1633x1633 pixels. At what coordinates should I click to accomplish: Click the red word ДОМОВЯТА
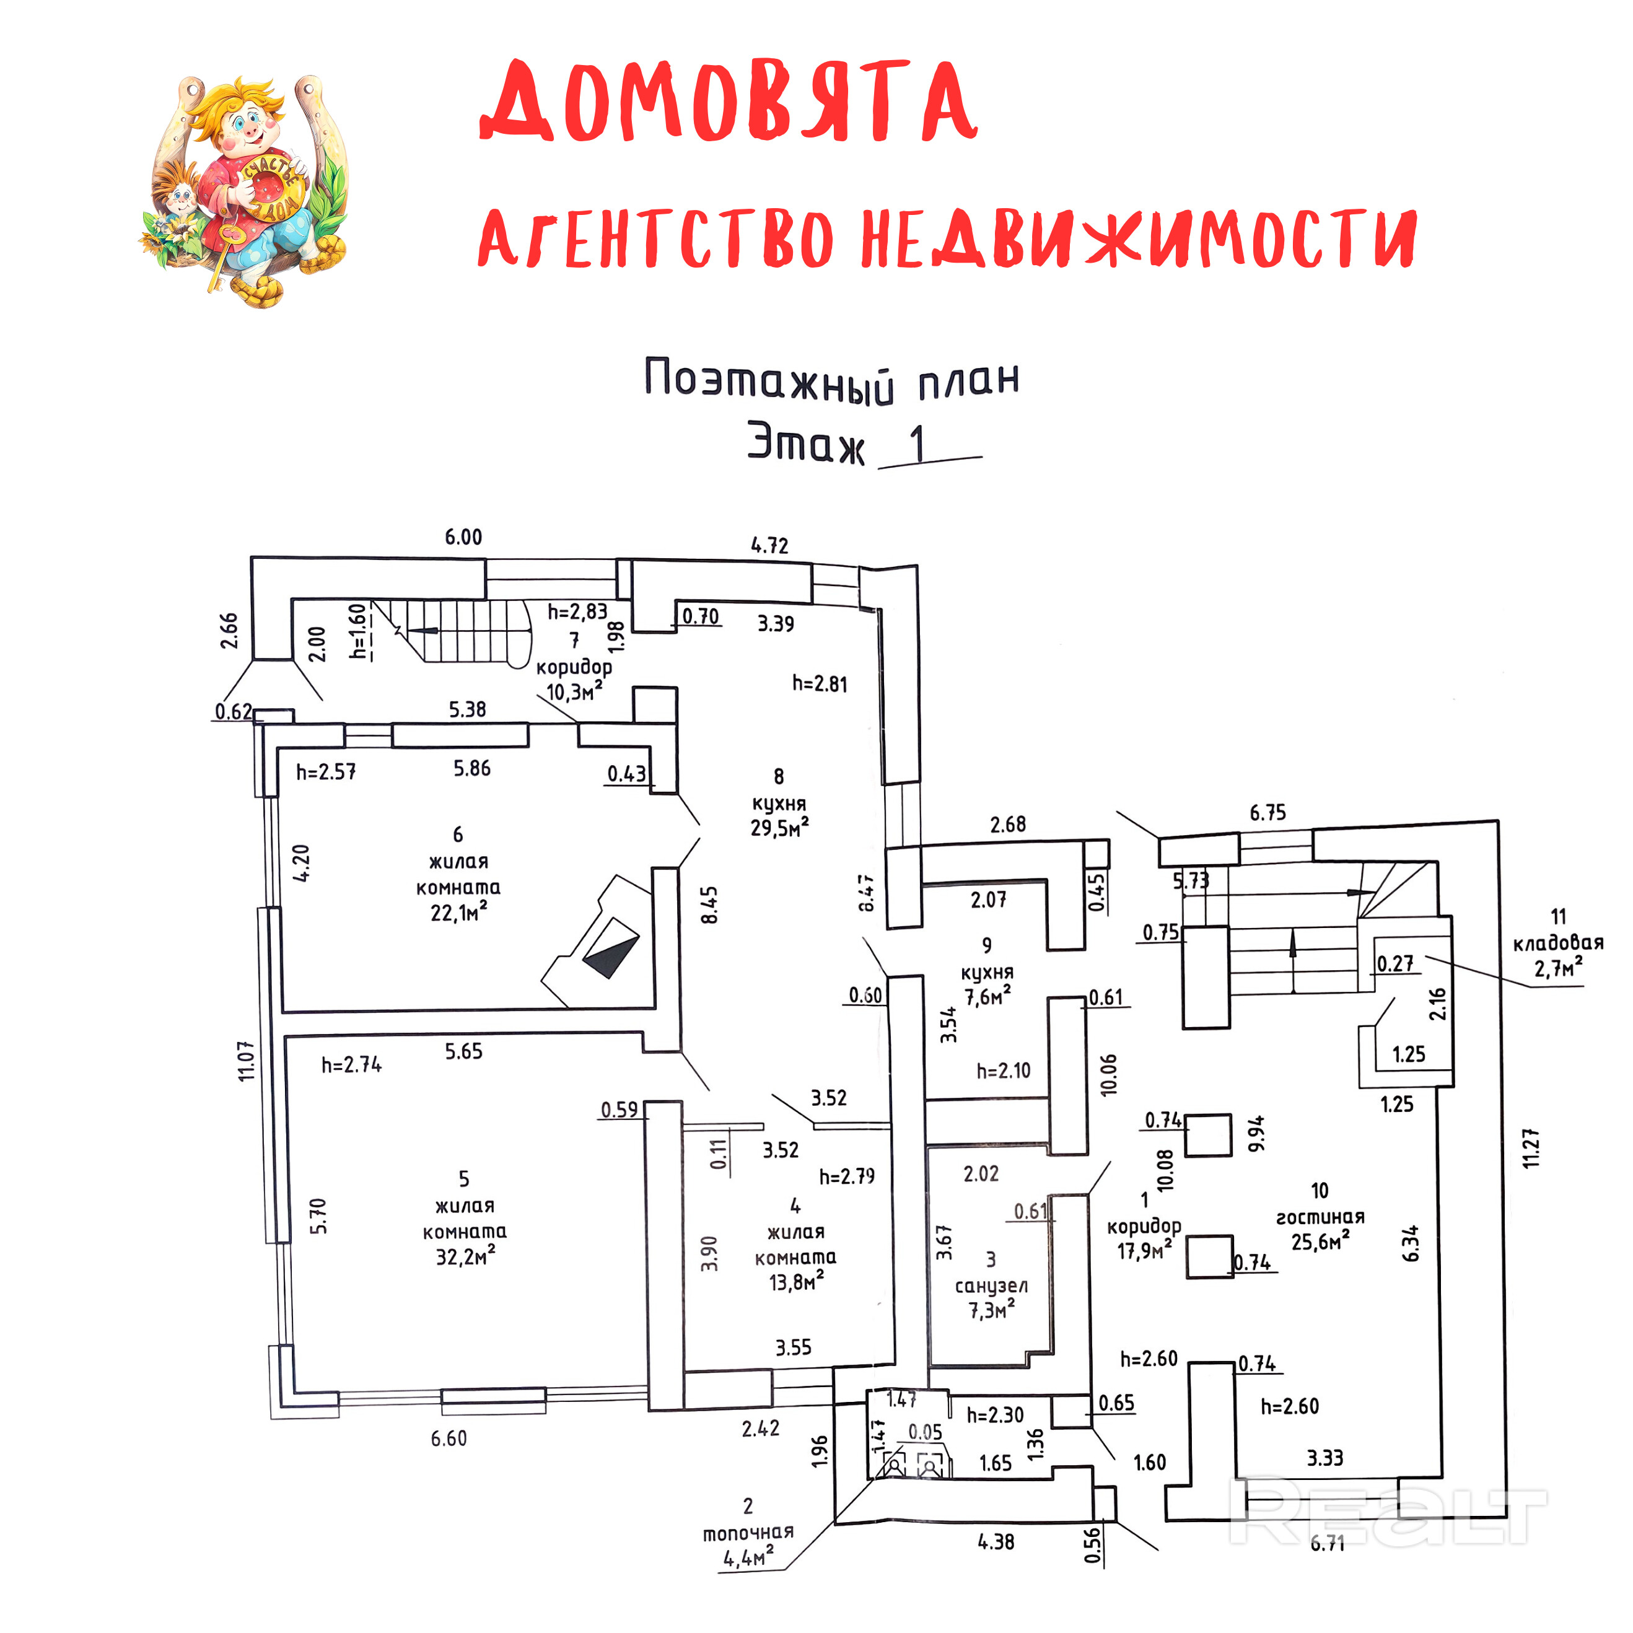click(x=729, y=102)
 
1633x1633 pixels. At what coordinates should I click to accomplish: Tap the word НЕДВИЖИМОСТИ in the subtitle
click(x=1137, y=239)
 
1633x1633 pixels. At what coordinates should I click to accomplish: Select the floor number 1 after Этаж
click(x=916, y=444)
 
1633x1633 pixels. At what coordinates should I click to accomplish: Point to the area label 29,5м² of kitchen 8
click(x=779, y=828)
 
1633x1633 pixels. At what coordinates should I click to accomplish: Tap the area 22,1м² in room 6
click(x=459, y=912)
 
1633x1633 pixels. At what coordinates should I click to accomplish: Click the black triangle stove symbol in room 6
click(x=610, y=947)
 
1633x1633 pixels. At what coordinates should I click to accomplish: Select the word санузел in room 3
click(x=991, y=1285)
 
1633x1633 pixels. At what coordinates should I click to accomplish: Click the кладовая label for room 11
click(x=1558, y=942)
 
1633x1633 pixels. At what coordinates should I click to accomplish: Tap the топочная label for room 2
click(x=748, y=1533)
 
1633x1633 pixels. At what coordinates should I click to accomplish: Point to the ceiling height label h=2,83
click(x=577, y=611)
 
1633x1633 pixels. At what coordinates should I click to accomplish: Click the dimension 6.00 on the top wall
click(x=463, y=536)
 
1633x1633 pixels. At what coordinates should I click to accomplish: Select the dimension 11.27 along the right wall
click(x=1531, y=1148)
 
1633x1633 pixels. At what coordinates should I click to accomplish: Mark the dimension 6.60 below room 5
click(x=448, y=1438)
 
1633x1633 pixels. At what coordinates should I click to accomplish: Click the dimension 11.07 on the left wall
click(x=246, y=1061)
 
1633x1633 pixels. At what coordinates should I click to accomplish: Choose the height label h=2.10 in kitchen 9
click(x=1004, y=1071)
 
